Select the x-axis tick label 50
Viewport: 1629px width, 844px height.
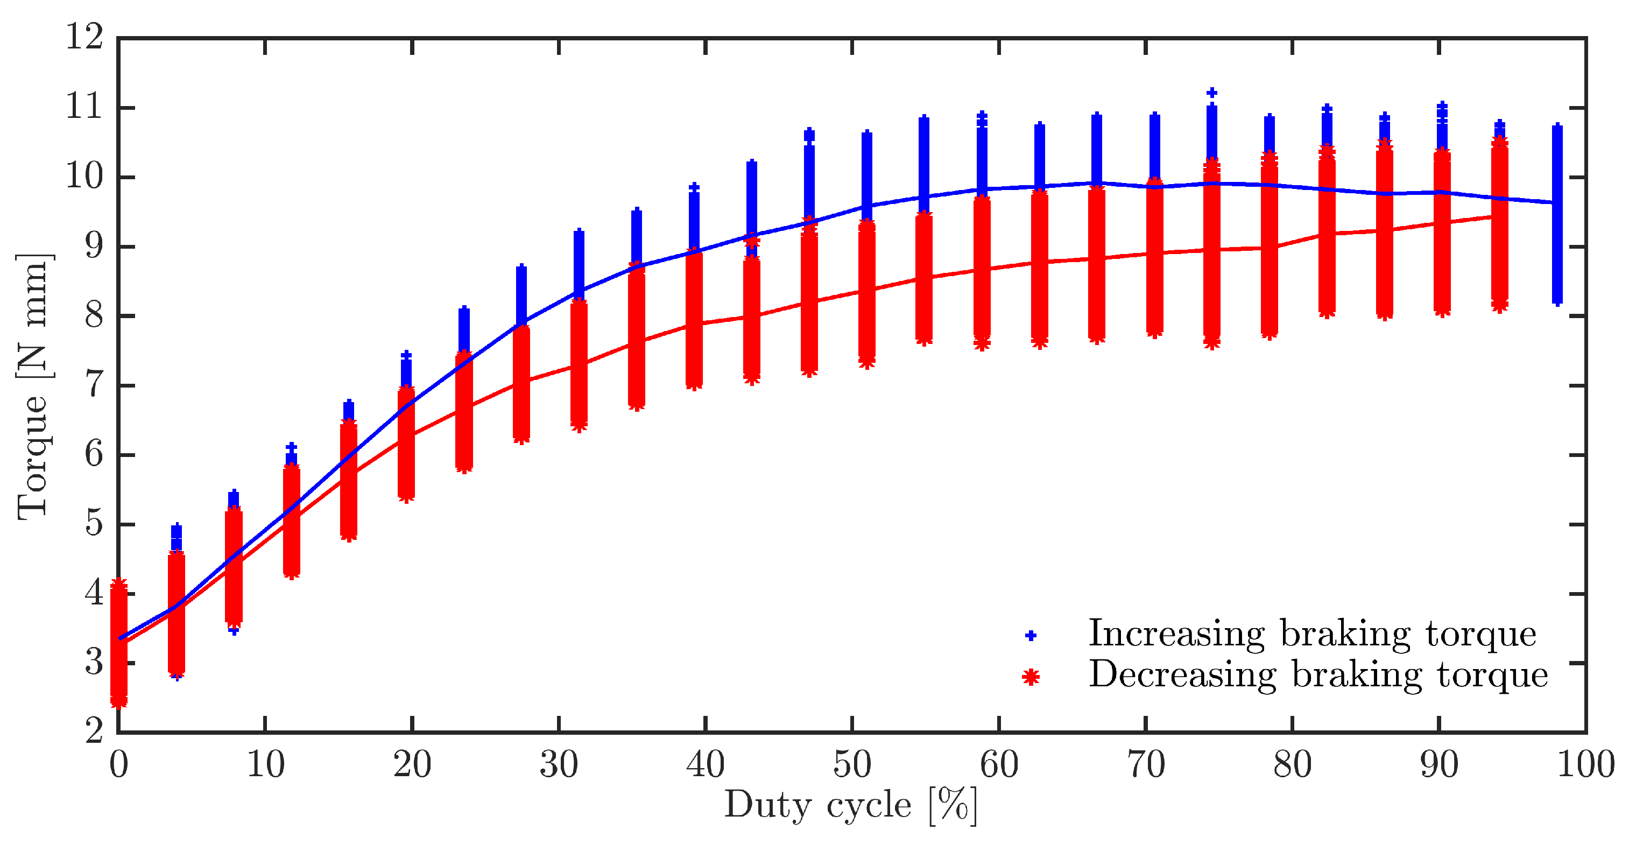click(852, 764)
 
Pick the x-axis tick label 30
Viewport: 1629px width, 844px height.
click(559, 764)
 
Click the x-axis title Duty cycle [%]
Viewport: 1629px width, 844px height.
click(850, 805)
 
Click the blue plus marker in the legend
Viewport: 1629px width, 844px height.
click(1030, 635)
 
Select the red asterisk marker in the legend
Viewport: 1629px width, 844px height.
click(1030, 677)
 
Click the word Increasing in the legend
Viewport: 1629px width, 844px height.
click(1176, 634)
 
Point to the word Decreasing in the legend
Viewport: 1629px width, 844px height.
click(1182, 675)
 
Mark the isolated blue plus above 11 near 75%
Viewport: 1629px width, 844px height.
click(1211, 93)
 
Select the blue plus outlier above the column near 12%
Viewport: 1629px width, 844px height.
click(291, 448)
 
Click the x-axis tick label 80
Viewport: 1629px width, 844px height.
click(1292, 764)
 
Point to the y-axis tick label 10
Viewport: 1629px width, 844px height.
click(84, 177)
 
